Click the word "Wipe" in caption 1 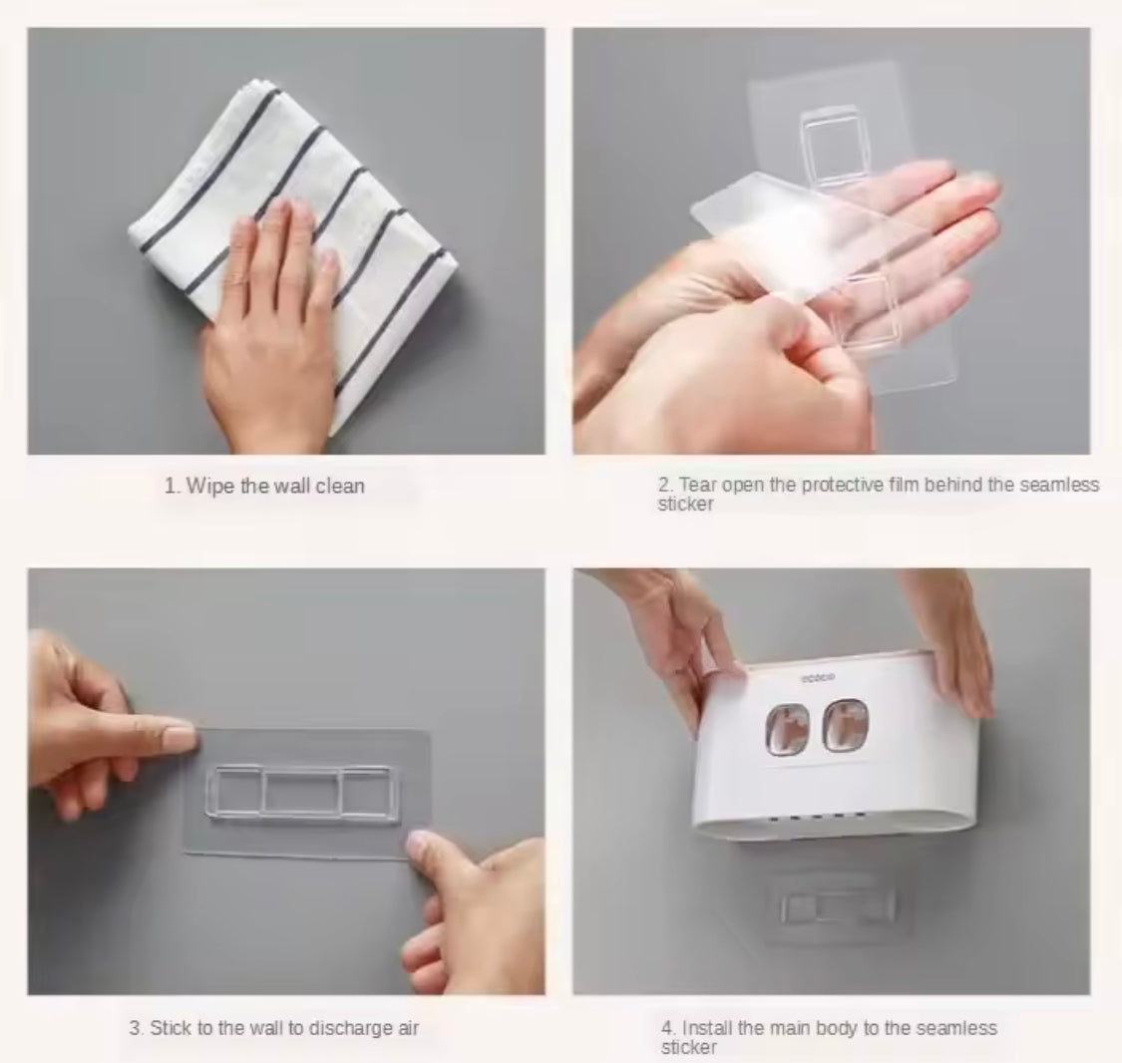[x=209, y=487]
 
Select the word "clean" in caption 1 [x=341, y=487]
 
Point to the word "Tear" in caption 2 [x=698, y=485]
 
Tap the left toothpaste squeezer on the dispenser [x=787, y=728]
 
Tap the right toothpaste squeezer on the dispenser [x=845, y=726]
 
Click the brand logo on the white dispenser [x=818, y=677]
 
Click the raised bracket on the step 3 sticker [x=300, y=791]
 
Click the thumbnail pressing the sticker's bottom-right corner [x=421, y=844]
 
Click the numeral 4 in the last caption [x=667, y=1028]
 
